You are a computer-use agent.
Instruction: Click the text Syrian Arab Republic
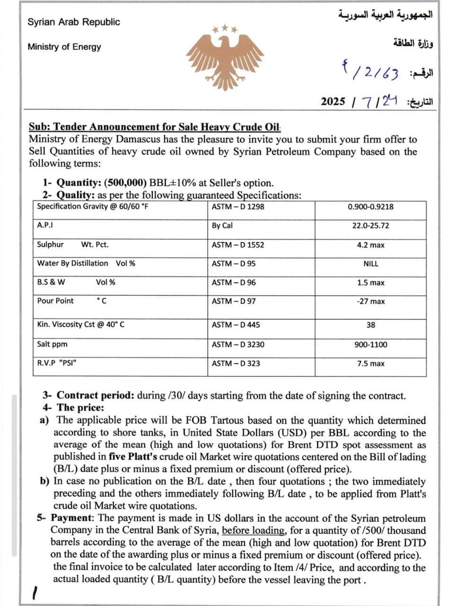point(74,22)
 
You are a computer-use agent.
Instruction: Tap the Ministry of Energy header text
point(64,47)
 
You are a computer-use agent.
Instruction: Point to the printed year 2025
point(333,102)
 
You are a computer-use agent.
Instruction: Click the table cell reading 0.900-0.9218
point(370,207)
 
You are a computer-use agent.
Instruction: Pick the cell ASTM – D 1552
point(238,245)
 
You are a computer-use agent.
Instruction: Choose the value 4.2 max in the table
point(370,245)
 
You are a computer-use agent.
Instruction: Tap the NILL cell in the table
point(370,264)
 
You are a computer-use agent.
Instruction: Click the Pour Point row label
point(55,301)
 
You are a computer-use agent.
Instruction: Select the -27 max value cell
point(370,302)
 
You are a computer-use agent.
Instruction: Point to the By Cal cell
point(222,226)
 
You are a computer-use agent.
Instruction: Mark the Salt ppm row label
point(52,344)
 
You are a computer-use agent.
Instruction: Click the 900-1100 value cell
point(370,345)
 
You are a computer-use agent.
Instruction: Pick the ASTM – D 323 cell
point(236,364)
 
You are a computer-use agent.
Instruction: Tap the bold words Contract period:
point(96,396)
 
